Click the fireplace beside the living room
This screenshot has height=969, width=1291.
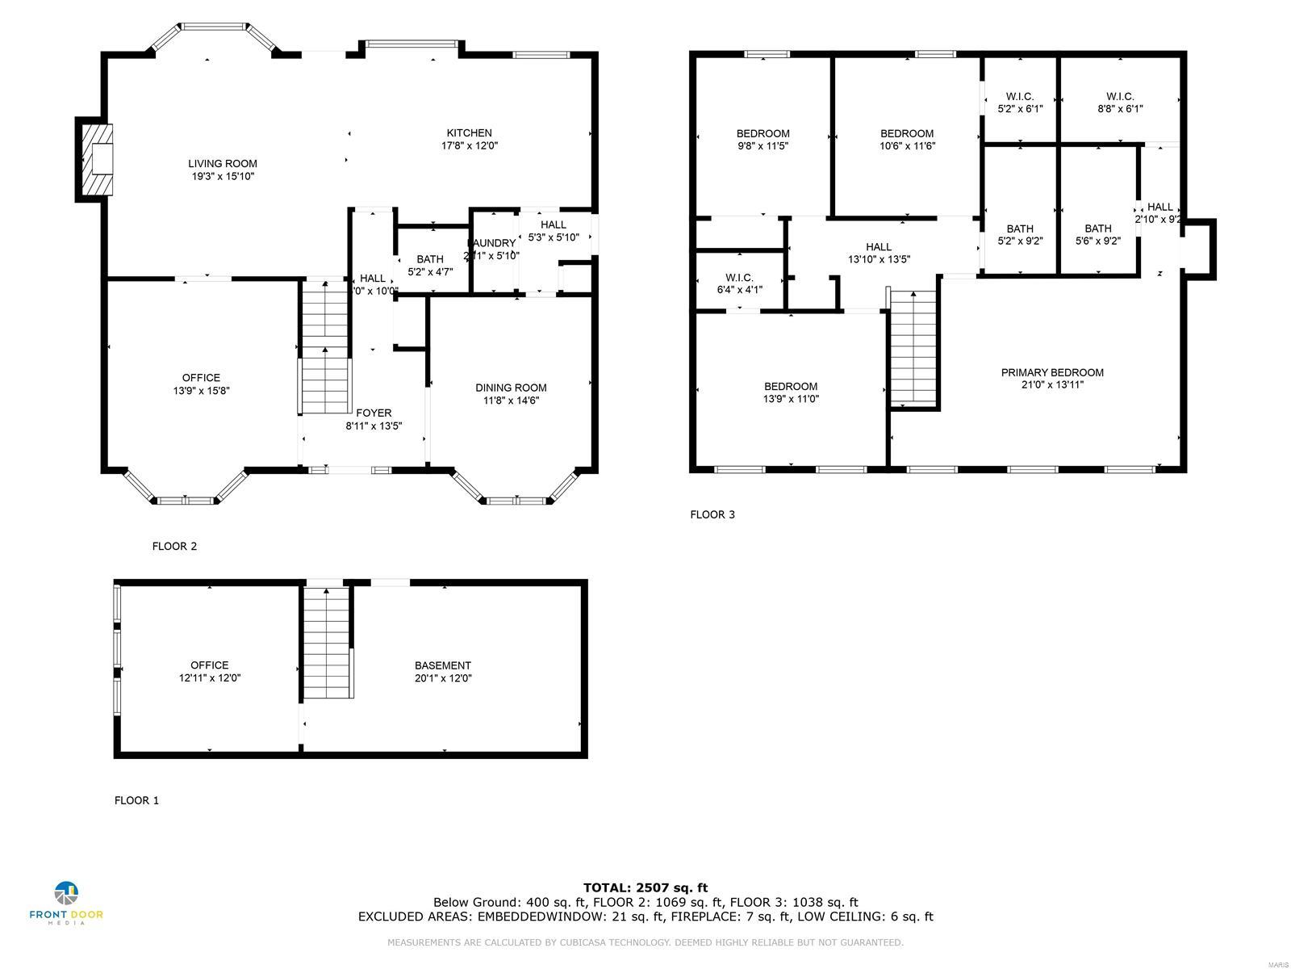coord(96,159)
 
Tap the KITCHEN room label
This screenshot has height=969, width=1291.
coord(470,133)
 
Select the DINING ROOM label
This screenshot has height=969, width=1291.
coord(511,388)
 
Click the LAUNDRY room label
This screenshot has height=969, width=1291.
coord(491,243)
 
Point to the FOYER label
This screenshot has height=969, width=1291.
coord(374,413)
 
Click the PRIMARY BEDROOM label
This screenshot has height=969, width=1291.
coord(1052,372)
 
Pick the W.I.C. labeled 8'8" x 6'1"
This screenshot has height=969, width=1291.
coord(1120,108)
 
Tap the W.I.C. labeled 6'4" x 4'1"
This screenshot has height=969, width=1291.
coord(739,289)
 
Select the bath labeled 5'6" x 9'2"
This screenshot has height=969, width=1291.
coord(1098,241)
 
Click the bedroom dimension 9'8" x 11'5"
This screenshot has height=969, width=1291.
coord(762,146)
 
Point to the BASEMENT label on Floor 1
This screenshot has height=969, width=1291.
coord(443,665)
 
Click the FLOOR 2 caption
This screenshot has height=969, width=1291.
coord(174,546)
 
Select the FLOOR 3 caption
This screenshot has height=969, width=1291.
coord(712,514)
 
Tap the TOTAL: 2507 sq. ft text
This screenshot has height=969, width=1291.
coord(645,887)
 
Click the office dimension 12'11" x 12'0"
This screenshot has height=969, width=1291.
coord(210,678)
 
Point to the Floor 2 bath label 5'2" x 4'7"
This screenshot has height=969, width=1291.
coord(430,272)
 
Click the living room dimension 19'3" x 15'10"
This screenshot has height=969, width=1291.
coord(223,176)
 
